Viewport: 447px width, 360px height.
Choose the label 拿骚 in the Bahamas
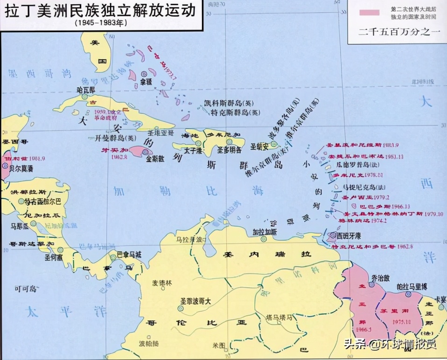[146, 81]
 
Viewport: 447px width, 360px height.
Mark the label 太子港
[192, 151]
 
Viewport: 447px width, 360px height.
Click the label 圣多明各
[229, 150]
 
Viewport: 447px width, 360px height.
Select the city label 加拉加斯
[265, 231]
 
